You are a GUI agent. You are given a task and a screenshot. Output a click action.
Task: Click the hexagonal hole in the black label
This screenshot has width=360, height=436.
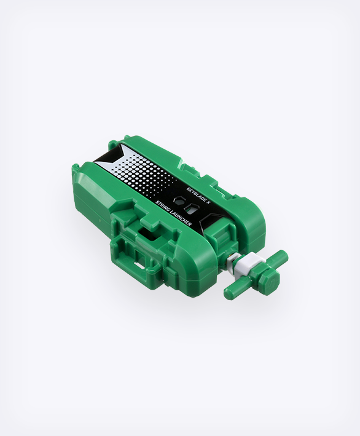pos(181,200)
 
